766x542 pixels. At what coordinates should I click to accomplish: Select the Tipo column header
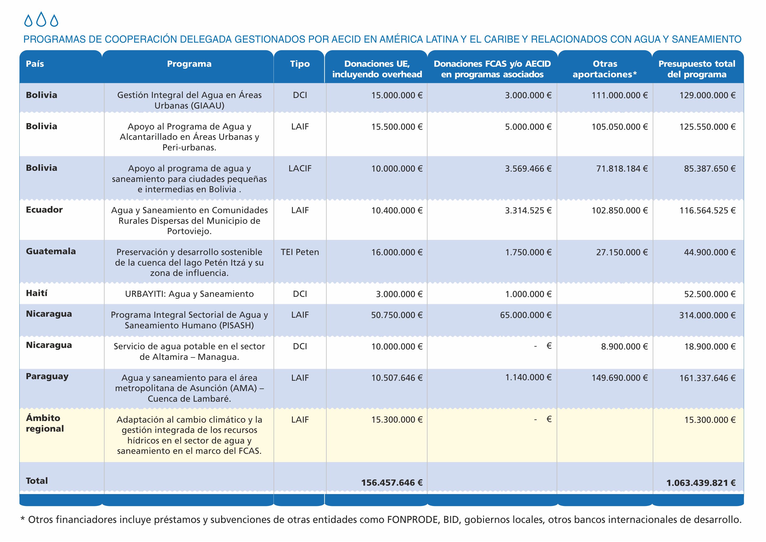point(300,64)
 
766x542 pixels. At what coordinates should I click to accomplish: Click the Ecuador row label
point(44,210)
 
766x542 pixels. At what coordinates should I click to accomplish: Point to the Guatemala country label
point(51,251)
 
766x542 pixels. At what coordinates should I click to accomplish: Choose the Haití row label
point(37,293)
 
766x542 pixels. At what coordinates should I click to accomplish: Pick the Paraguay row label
point(47,377)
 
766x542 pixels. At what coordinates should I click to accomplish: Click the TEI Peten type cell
point(300,252)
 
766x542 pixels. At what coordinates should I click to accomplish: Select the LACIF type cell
point(300,168)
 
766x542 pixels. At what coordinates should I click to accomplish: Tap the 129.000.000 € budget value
point(707,95)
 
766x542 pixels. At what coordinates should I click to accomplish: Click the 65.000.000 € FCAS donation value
point(526,315)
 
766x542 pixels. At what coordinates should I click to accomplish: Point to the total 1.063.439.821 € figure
point(701,483)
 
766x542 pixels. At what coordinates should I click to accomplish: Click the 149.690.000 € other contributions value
point(620,378)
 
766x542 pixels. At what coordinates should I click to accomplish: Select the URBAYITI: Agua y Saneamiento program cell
point(189,294)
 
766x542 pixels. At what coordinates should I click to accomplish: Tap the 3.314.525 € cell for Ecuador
point(528,210)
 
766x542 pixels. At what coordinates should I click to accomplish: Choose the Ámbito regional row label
point(45,423)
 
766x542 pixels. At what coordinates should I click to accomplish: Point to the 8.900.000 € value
point(624,346)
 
